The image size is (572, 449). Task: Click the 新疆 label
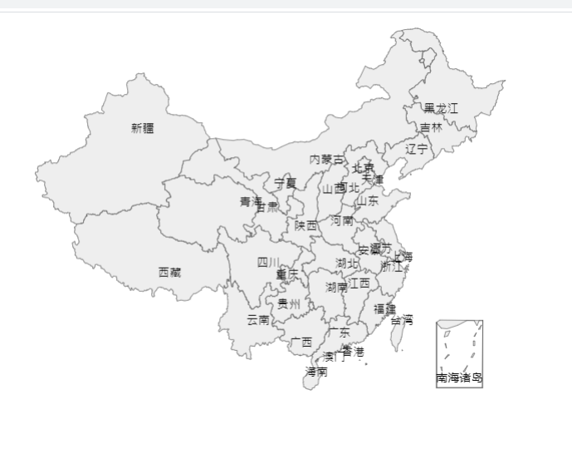(142, 128)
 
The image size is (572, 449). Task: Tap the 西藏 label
(169, 272)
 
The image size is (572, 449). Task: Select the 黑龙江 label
(441, 108)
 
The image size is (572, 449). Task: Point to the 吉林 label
(431, 128)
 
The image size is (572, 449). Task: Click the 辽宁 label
(418, 149)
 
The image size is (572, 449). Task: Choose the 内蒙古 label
(325, 159)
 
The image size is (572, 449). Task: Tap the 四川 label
(267, 262)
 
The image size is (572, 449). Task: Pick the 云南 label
(257, 319)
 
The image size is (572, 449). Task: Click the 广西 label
(301, 342)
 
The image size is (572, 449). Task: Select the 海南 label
(316, 372)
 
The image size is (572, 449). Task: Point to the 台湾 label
(402, 319)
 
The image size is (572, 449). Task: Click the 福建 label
(384, 308)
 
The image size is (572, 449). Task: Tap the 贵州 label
(289, 303)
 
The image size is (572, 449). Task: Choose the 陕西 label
(306, 224)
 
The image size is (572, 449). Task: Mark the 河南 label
(342, 220)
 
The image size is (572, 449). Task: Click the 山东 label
(368, 200)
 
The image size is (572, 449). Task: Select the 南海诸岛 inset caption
(459, 377)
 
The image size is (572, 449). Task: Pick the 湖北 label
(347, 263)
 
